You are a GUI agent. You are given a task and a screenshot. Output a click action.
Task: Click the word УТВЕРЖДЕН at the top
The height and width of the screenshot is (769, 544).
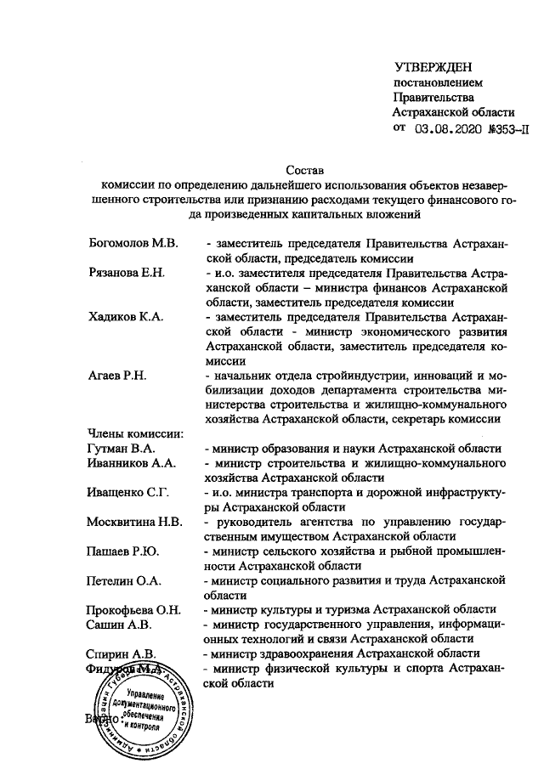pyautogui.click(x=433, y=67)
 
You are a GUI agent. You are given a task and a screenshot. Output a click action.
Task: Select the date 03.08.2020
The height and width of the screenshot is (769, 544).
pyautogui.click(x=448, y=129)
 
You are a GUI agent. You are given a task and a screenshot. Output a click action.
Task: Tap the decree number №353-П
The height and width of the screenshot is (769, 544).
pyautogui.click(x=507, y=129)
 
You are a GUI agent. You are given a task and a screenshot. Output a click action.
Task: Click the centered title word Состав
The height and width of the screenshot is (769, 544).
pyautogui.click(x=303, y=171)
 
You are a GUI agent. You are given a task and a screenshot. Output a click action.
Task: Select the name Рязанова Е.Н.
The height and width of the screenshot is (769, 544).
pyautogui.click(x=127, y=274)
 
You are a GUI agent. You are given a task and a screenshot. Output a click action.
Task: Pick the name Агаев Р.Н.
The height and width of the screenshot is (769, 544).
pyautogui.click(x=117, y=376)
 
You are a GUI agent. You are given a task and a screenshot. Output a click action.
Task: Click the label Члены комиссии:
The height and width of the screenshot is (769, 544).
pyautogui.click(x=129, y=435)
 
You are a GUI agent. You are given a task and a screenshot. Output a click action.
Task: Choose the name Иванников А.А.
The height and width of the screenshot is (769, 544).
pyautogui.click(x=131, y=464)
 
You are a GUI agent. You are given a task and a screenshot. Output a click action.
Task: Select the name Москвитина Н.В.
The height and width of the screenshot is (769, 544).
pyautogui.click(x=134, y=523)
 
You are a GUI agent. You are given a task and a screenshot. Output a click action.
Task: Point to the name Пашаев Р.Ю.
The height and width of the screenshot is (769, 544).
pyautogui.click(x=122, y=552)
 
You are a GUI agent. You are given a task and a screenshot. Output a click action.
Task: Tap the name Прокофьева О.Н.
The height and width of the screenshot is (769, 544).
pyautogui.click(x=136, y=611)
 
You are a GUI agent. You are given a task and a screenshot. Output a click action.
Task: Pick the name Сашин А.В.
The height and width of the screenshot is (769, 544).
pyautogui.click(x=119, y=625)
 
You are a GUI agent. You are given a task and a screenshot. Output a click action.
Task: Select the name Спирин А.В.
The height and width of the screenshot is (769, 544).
pyautogui.click(x=122, y=653)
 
